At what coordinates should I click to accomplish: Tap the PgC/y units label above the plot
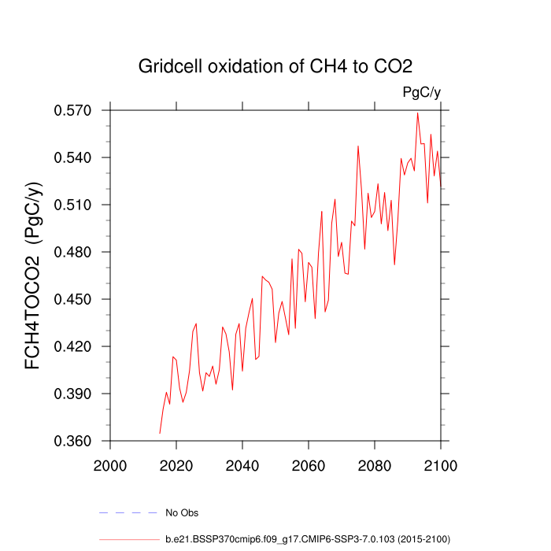point(421,93)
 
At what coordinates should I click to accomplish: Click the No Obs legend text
point(182,513)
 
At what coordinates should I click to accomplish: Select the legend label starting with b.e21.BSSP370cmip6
point(307,539)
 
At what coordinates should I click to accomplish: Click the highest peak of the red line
point(418,113)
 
